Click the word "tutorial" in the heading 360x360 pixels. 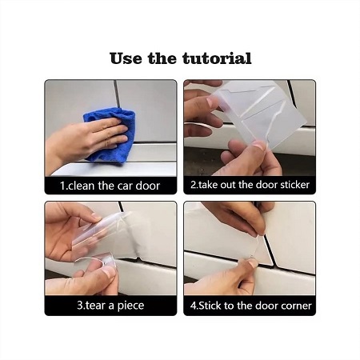click(217, 58)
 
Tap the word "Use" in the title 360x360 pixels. click(126, 58)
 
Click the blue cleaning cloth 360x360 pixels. click(112, 134)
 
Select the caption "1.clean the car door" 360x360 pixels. click(110, 186)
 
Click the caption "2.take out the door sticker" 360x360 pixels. click(250, 185)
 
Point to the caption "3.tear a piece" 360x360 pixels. click(110, 305)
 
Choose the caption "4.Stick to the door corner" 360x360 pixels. click(250, 306)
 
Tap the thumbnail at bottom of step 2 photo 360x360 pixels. click(259, 146)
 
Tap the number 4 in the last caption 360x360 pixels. click(193, 306)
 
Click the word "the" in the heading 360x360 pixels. click(162, 58)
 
